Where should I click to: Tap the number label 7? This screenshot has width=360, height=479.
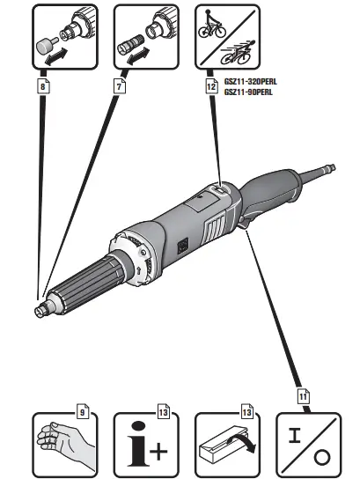pyautogui.click(x=121, y=88)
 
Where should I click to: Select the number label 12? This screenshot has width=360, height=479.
pyautogui.click(x=210, y=88)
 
